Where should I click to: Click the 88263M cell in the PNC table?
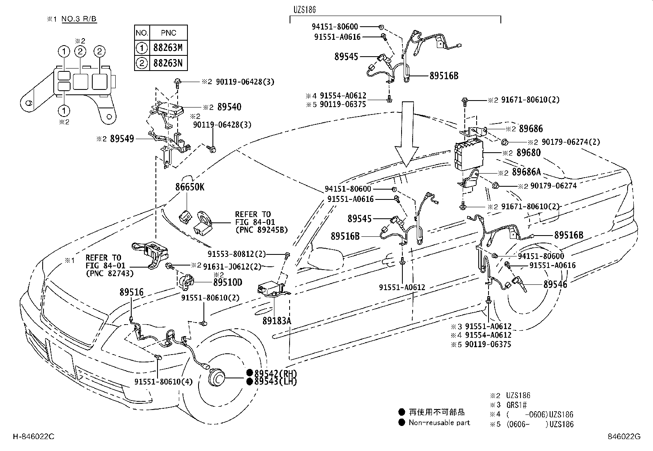[x=168, y=48]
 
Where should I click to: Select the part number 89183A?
[x=277, y=321]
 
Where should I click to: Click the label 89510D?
[x=228, y=282]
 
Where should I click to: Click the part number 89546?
[x=555, y=284]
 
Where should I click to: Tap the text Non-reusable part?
[x=439, y=422]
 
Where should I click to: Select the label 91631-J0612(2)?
[x=232, y=266]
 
